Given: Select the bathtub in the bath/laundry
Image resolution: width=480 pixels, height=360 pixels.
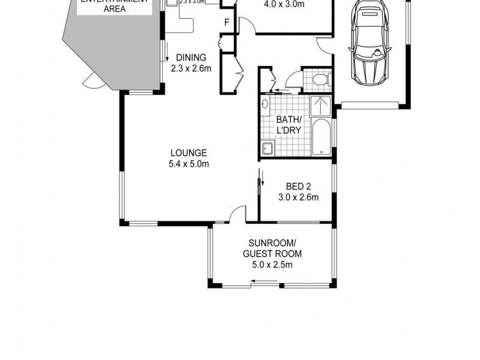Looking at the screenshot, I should coord(322,137).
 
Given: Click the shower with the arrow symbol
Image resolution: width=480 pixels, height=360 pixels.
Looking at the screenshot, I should coord(322,107).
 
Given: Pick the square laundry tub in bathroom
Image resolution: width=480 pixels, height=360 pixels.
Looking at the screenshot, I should coord(266,148).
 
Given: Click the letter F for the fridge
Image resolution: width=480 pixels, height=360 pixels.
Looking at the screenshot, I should coord(227,23).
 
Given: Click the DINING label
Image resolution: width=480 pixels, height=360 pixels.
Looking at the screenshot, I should coord(191,58).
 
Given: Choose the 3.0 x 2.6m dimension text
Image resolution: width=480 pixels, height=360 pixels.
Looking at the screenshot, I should coord(298,197).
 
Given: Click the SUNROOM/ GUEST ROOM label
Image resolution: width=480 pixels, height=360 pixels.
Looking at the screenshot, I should coord(272,248).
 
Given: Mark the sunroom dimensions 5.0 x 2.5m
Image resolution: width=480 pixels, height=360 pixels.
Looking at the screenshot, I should coord(272,265).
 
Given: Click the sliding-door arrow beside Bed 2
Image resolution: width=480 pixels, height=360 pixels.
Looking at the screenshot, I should coord(261,178).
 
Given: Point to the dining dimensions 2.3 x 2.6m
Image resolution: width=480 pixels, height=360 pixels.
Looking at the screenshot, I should coord(191,68).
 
